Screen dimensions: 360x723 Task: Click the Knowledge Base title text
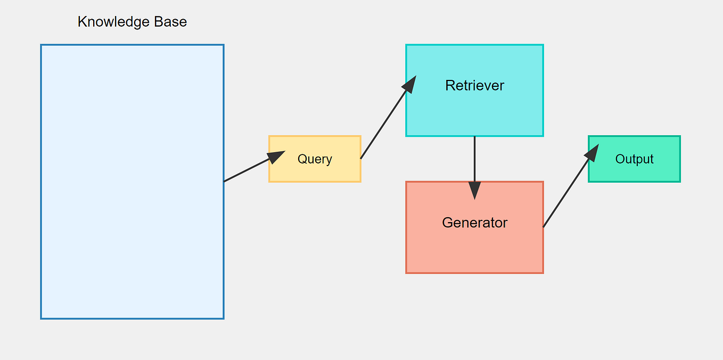[x=132, y=22]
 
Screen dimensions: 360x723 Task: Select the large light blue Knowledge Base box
[x=132, y=213]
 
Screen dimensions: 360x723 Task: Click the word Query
[x=315, y=159]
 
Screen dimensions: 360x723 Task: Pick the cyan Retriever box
[x=474, y=112]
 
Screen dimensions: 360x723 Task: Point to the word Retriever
[x=474, y=85]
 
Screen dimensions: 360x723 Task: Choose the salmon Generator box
[x=474, y=250]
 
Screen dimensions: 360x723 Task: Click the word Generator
[x=474, y=223]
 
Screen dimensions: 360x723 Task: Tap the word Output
[x=634, y=159]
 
